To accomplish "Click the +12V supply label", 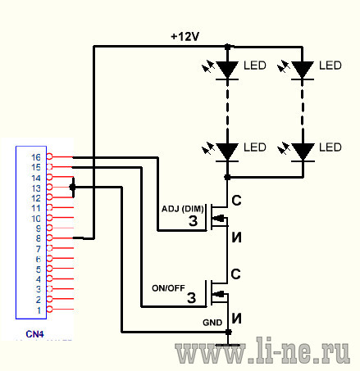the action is pyautogui.click(x=185, y=37).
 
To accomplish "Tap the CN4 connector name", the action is pyautogui.click(x=34, y=334).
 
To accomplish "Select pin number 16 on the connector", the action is pyautogui.click(x=36, y=157).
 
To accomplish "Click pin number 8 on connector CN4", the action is pyautogui.click(x=39, y=238).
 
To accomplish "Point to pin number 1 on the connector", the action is pyautogui.click(x=39, y=310).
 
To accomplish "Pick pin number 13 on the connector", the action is pyautogui.click(x=36, y=188).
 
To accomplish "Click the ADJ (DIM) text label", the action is pyautogui.click(x=183, y=209).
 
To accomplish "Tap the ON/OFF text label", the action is pyautogui.click(x=168, y=288).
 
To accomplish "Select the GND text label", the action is pyautogui.click(x=212, y=323).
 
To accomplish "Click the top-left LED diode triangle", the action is pyautogui.click(x=227, y=69).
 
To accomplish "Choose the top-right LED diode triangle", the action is pyautogui.click(x=303, y=69).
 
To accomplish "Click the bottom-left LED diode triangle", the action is pyautogui.click(x=227, y=151).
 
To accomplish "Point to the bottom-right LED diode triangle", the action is pyautogui.click(x=303, y=151).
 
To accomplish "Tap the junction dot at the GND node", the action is pyautogui.click(x=228, y=332).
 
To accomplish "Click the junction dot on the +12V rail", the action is pyautogui.click(x=227, y=47).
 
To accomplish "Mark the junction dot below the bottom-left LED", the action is pyautogui.click(x=227, y=177).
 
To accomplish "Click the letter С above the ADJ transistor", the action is pyautogui.click(x=236, y=201).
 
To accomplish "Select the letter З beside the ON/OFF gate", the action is pyautogui.click(x=192, y=298).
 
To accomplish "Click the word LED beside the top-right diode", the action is pyautogui.click(x=330, y=66).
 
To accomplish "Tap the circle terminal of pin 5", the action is pyautogui.click(x=49, y=269).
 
